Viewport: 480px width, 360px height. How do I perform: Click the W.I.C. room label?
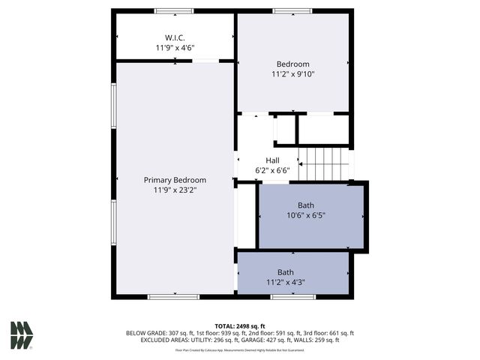click(175, 37)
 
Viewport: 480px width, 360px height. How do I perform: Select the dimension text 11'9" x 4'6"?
click(175, 48)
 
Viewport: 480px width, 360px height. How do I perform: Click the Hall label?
click(272, 160)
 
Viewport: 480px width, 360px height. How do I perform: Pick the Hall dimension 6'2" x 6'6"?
click(272, 170)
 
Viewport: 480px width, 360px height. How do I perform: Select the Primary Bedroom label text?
click(175, 180)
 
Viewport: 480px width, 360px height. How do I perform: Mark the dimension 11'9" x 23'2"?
click(175, 190)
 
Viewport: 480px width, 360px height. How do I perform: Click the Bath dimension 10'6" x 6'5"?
click(306, 215)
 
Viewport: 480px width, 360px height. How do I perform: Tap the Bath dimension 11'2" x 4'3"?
click(286, 283)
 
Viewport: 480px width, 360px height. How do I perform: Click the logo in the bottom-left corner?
click(21, 335)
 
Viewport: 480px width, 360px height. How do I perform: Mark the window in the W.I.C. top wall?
click(174, 11)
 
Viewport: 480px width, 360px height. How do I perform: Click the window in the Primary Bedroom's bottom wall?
click(173, 297)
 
